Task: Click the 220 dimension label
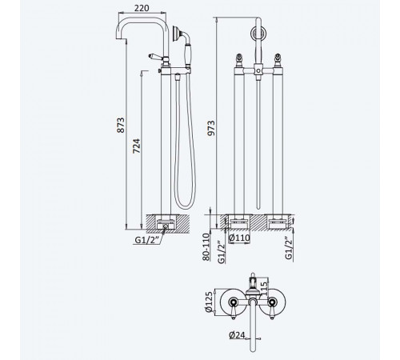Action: coord(142,8)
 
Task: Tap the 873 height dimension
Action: coord(121,125)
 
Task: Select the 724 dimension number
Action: coord(137,146)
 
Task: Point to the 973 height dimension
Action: coord(211,128)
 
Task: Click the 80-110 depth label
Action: coord(206,247)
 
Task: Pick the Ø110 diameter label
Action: coord(239,238)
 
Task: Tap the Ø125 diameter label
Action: coord(210,302)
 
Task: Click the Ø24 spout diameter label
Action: coord(237,335)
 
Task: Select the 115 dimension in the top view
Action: coord(263,288)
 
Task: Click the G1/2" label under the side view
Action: coord(148,240)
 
